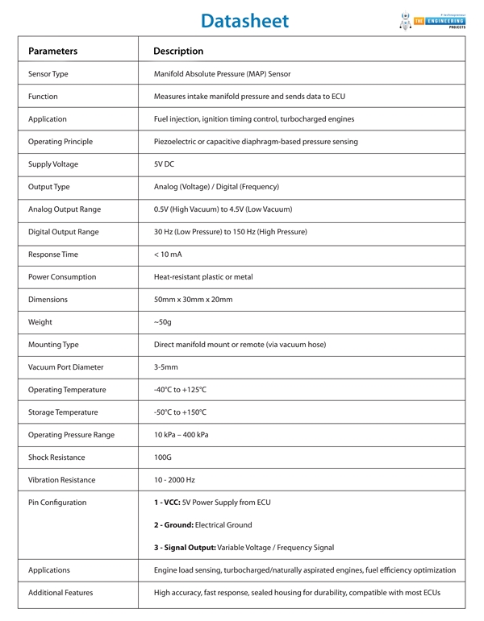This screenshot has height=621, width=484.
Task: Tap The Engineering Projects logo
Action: click(431, 20)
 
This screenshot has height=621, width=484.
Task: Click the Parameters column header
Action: click(52, 51)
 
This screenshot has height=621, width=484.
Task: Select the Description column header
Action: click(178, 51)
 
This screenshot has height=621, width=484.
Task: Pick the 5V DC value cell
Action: click(164, 164)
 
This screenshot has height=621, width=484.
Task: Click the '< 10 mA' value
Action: click(169, 255)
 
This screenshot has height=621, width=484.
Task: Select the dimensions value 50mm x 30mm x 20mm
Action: click(193, 300)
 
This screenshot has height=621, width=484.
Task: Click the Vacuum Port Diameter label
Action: click(66, 367)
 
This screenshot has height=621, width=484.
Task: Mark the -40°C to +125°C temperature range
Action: click(180, 390)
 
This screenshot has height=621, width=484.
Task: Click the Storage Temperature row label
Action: click(62, 412)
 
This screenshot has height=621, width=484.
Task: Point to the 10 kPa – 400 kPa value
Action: click(181, 435)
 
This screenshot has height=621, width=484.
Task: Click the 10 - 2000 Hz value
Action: click(174, 480)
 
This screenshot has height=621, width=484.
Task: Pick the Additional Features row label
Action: click(60, 593)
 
